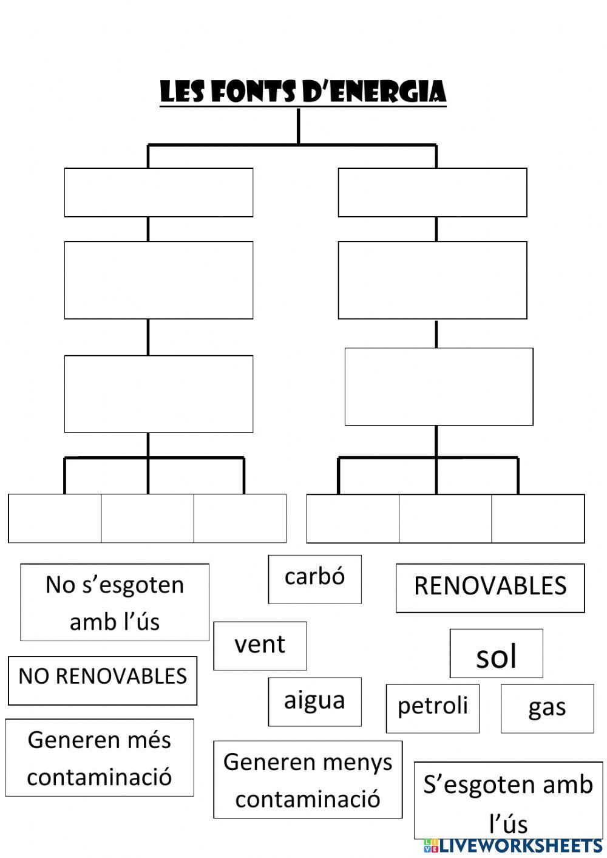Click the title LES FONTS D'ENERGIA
(x=303, y=92)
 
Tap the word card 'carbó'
(x=314, y=579)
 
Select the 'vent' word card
(x=260, y=645)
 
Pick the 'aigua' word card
(x=314, y=701)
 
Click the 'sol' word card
(x=496, y=653)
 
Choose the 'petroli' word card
(x=432, y=708)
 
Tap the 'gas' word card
(x=547, y=708)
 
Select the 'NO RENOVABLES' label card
(x=103, y=680)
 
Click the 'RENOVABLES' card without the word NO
(x=490, y=588)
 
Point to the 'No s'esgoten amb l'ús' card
(x=115, y=602)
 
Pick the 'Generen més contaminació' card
(x=100, y=757)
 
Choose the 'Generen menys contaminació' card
(x=308, y=779)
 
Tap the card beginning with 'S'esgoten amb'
(x=508, y=800)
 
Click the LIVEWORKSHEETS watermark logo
(x=513, y=846)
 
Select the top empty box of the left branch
(x=158, y=192)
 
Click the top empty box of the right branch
(x=432, y=192)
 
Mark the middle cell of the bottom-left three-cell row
(x=148, y=518)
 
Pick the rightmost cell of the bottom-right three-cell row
(x=538, y=518)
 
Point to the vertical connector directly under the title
(x=298, y=126)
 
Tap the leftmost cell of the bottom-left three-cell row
(x=55, y=518)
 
